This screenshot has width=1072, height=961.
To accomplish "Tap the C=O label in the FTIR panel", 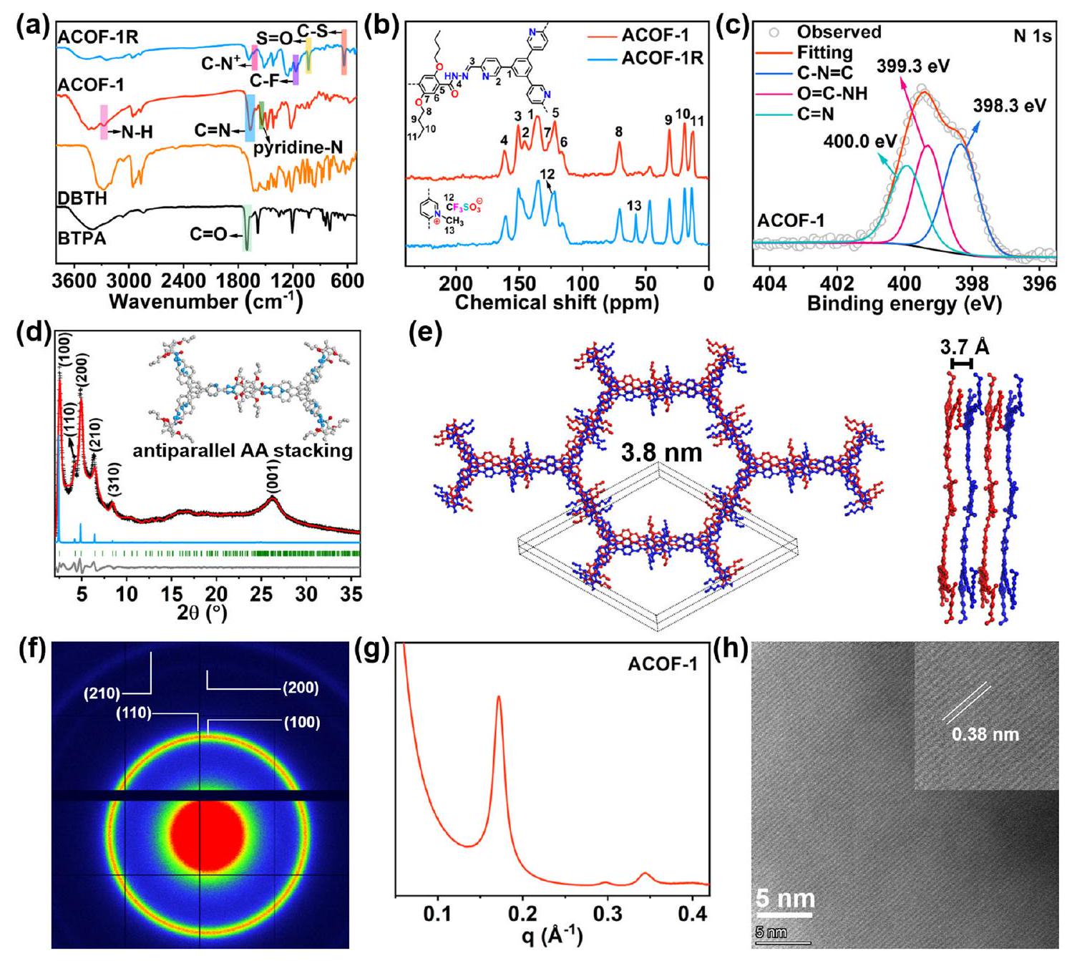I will point(209,234).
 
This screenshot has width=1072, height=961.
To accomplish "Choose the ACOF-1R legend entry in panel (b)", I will point(661,59).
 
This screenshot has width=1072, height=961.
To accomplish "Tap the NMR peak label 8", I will point(619,132).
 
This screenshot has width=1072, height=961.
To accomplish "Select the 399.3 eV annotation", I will point(913,67).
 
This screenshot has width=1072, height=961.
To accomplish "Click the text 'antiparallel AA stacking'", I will point(243,451).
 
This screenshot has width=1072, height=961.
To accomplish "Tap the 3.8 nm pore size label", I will point(661,452).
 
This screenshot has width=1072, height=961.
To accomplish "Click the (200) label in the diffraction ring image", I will point(301,688).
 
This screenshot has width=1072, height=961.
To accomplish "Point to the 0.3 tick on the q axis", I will point(607,914).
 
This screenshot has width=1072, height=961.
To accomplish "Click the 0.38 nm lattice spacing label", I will point(985,734).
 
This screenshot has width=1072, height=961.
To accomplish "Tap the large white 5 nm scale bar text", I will point(785,899).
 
